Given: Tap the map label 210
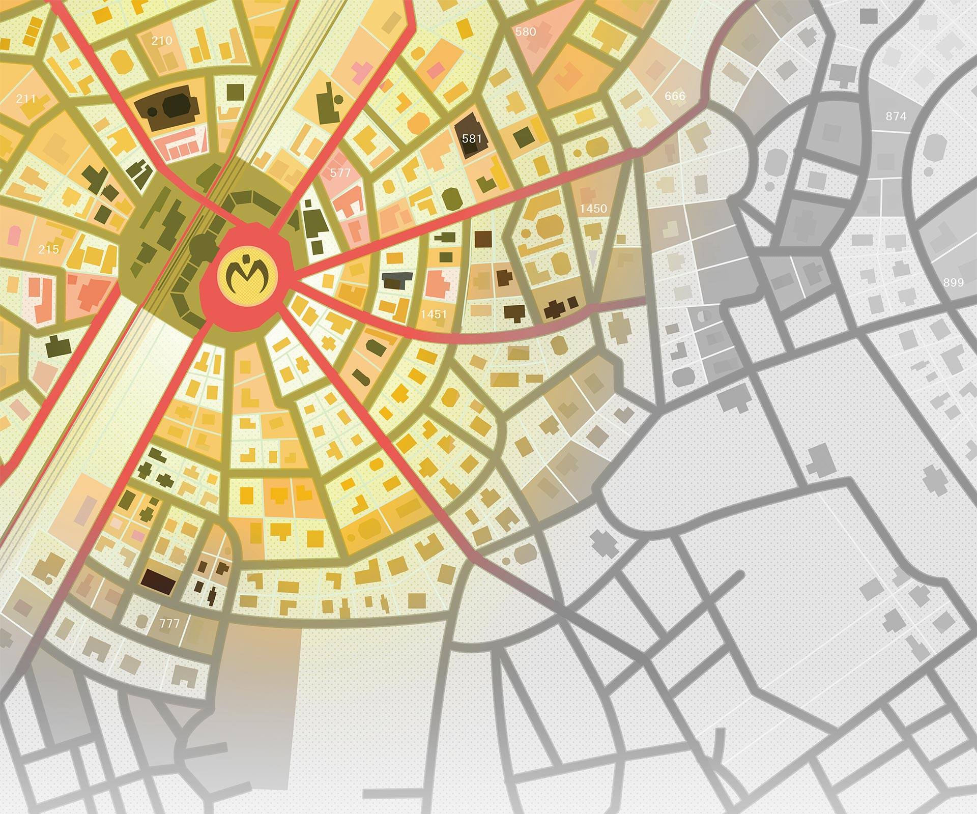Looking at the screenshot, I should pyautogui.click(x=162, y=41).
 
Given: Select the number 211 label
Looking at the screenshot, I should pyautogui.click(x=26, y=99).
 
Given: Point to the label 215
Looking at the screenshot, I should pyautogui.click(x=49, y=249).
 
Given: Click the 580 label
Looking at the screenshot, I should pyautogui.click(x=526, y=32).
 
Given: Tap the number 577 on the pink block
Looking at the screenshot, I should pyautogui.click(x=340, y=173).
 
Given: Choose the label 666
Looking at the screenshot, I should pyautogui.click(x=675, y=96).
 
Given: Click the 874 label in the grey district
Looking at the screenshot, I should pyautogui.click(x=896, y=117).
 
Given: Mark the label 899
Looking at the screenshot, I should pyautogui.click(x=953, y=282).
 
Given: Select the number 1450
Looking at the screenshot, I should pyautogui.click(x=593, y=208).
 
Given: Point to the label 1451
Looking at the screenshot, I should pyautogui.click(x=434, y=314).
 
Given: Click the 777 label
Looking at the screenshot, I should pyautogui.click(x=169, y=623).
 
